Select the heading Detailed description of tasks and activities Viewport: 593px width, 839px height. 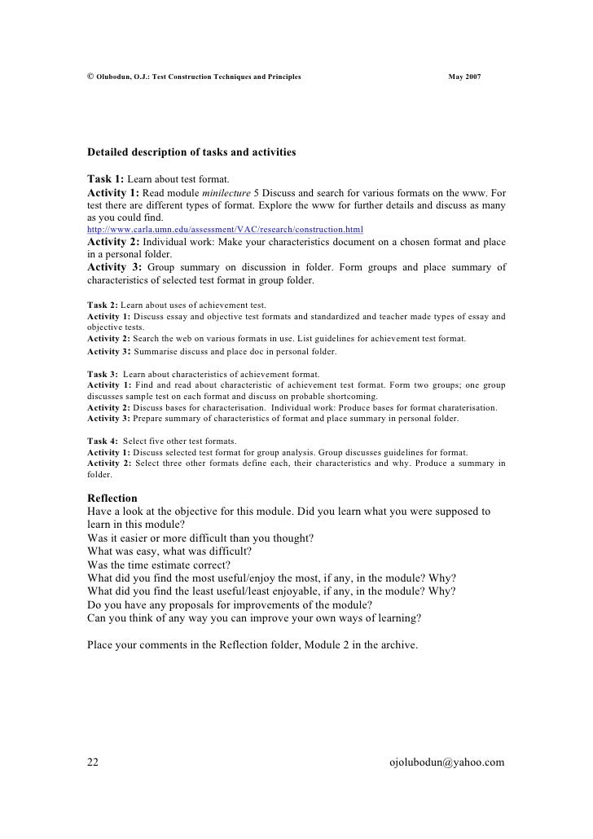coord(191,152)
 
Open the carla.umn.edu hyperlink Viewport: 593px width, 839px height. coord(225,231)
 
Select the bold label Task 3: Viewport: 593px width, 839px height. coord(103,374)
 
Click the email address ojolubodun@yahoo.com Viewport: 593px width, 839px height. coord(448,762)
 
